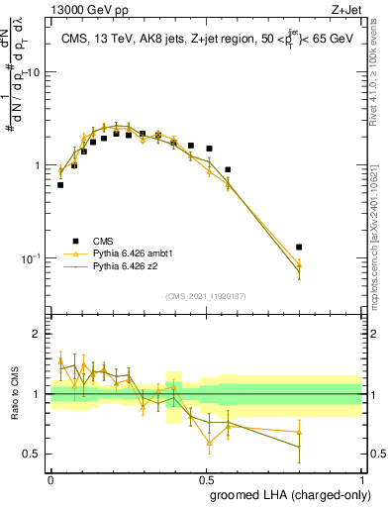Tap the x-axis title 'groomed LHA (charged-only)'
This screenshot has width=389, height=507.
[287, 494]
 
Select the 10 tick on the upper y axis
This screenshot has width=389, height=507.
[35, 72]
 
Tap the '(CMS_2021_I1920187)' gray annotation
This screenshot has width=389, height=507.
[206, 294]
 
